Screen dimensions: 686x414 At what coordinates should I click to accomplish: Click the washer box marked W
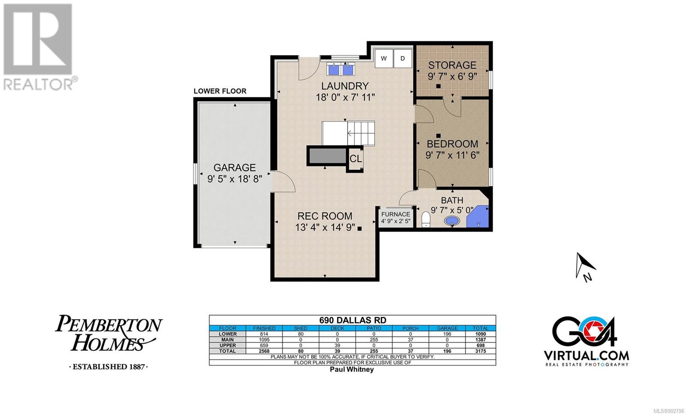[x=384, y=58]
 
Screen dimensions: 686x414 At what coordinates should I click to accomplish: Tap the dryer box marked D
[x=403, y=58]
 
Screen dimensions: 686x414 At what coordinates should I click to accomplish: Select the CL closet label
[x=355, y=158]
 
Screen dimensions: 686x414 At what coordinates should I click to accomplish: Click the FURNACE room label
[x=396, y=214]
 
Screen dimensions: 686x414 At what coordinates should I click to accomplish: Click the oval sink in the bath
[x=452, y=221]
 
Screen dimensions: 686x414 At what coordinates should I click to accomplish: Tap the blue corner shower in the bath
[x=477, y=217]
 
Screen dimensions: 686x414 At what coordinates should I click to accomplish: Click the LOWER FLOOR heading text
[x=220, y=91]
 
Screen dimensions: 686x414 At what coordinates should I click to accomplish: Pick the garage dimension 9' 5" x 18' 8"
[x=235, y=178]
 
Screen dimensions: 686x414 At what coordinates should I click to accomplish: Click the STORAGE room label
[x=452, y=65]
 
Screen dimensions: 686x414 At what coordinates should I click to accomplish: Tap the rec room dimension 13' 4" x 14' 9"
[x=325, y=227]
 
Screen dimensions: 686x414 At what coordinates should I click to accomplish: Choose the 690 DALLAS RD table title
[x=353, y=320]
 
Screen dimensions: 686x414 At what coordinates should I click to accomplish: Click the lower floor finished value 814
[x=264, y=334]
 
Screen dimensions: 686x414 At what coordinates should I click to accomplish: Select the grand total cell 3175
[x=481, y=351]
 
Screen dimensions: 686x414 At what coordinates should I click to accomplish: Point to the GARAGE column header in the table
[x=447, y=328]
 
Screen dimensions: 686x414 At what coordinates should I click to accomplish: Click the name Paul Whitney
[x=352, y=369]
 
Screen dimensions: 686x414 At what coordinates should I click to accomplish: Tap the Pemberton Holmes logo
[x=109, y=341]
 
